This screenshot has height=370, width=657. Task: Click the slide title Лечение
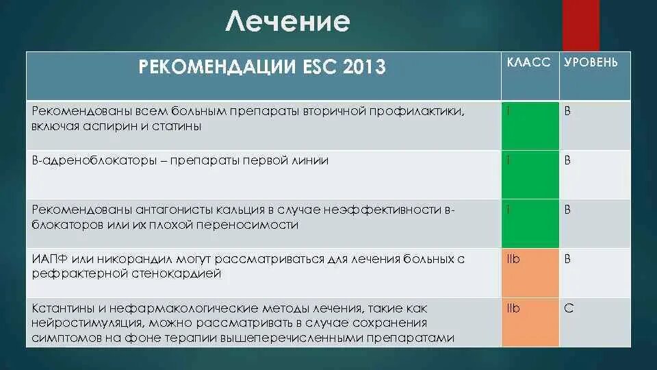287,23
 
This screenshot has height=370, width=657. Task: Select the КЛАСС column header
528,62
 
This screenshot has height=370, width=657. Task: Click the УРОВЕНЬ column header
591,62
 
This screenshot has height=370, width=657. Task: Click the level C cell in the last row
594,322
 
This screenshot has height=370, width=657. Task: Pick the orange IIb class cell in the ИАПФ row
530,273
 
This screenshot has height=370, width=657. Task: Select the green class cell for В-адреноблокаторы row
530,174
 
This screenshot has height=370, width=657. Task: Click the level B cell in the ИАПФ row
594,273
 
